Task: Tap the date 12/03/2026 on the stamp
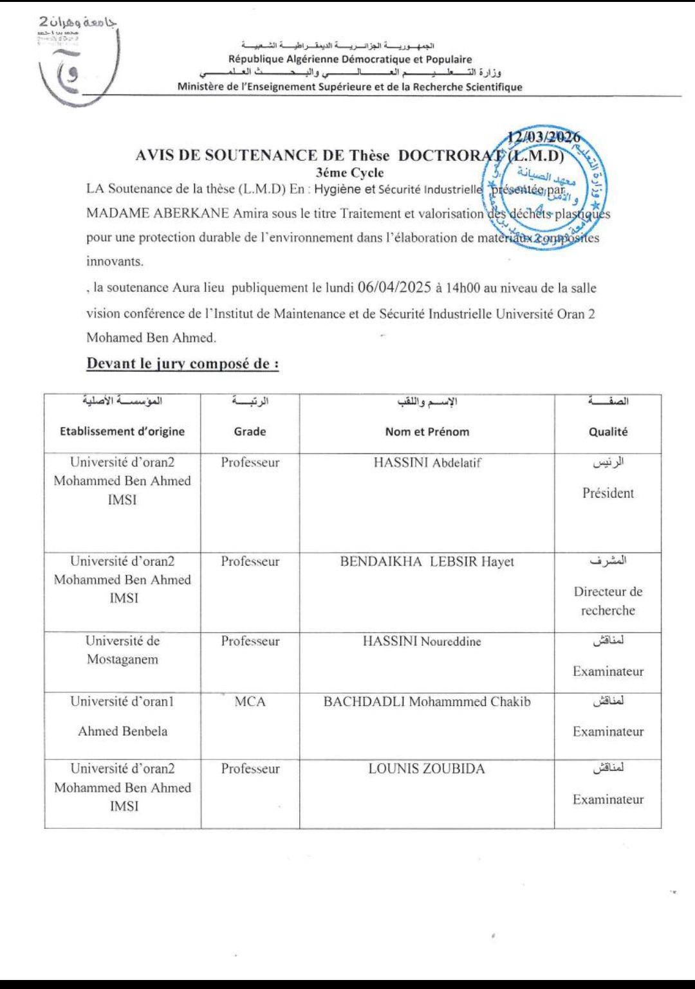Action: pos(544,137)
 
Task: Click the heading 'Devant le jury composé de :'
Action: pos(183,363)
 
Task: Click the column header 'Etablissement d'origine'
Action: pos(122,431)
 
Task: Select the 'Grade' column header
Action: pos(250,431)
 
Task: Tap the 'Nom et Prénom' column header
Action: pos(427,431)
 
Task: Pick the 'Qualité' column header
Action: pos(607,431)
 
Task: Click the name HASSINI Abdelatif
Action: pos(427,462)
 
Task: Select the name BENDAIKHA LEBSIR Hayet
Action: pos(427,561)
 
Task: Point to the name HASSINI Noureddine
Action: pos(422,641)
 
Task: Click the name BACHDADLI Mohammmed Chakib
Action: pos(427,702)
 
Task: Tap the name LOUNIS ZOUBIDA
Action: pos(427,768)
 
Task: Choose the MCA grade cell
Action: pos(250,702)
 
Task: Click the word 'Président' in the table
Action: pos(607,493)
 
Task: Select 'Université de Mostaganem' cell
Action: pos(122,650)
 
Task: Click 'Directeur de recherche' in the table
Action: pos(607,601)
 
